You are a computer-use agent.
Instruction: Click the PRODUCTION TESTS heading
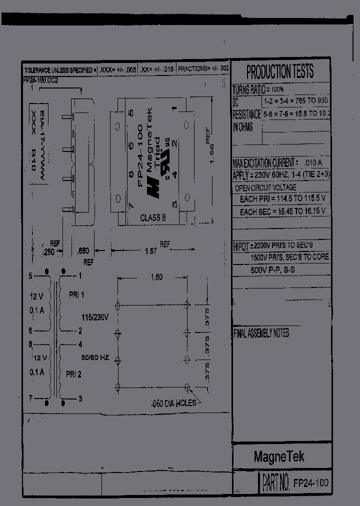[280, 72]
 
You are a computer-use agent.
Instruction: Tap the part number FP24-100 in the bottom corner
[310, 482]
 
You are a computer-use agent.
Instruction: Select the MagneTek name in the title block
[278, 456]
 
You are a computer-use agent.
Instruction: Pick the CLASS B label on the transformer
[153, 217]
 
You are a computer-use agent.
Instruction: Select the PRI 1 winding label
[76, 295]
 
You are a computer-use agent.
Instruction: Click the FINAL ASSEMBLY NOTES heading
[261, 333]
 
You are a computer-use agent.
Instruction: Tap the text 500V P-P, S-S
[276, 269]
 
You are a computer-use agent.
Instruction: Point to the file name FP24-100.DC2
[41, 80]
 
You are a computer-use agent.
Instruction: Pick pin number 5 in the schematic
[30, 275]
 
